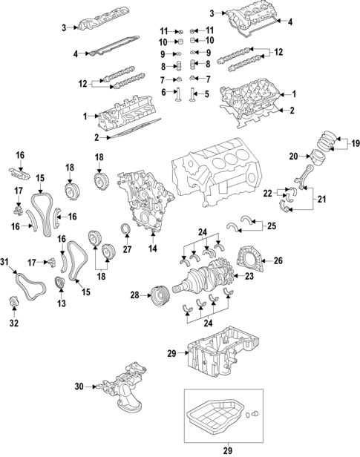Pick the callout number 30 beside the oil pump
tap(79, 386)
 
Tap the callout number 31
tap(4, 262)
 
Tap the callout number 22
tap(266, 193)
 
